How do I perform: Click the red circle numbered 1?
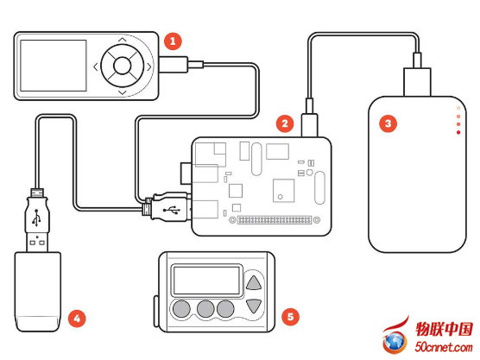173,41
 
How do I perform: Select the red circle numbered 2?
285,123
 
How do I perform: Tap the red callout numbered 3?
388,123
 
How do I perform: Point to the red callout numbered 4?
77,319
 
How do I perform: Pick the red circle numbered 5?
290,317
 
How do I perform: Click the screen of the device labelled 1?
54,66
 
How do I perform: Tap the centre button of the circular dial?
122,66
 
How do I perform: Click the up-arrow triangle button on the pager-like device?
254,283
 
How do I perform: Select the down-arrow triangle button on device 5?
254,306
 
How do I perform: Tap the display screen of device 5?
206,281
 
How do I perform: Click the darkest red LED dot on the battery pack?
458,132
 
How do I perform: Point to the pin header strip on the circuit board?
275,220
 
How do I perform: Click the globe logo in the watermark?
395,342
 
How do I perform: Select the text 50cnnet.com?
444,347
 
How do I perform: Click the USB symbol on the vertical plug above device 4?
37,218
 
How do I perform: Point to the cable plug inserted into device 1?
180,65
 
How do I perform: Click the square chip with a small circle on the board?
283,191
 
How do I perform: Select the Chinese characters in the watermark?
444,330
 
